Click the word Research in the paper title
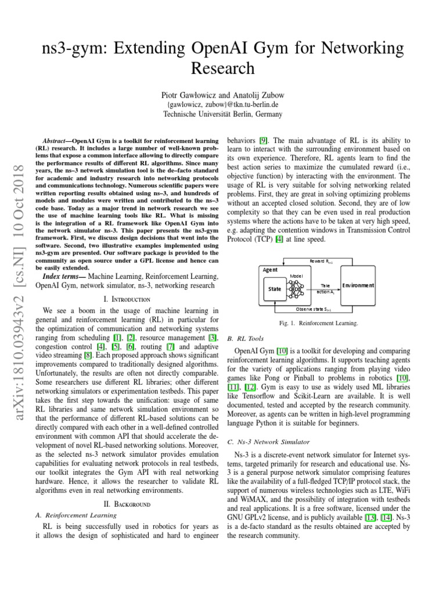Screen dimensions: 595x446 point(222,69)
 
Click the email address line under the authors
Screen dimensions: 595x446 point(222,105)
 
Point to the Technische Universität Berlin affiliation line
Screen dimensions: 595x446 point(222,114)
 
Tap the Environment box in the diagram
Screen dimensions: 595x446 point(358,285)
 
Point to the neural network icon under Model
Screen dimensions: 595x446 point(296,287)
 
